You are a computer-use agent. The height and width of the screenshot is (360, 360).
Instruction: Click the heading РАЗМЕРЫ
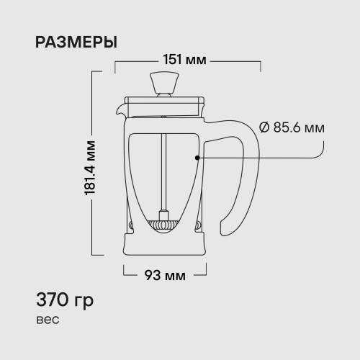(76, 42)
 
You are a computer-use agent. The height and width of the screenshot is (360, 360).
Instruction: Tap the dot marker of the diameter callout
(196, 156)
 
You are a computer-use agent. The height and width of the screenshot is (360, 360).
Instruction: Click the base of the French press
(166, 245)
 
